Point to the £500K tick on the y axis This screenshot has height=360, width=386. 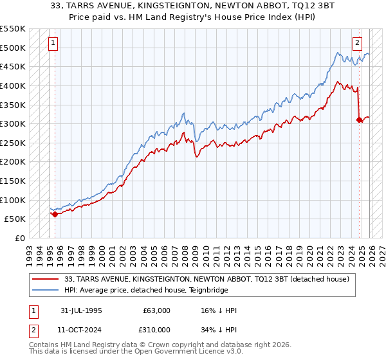[12, 48]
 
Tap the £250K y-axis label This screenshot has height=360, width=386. [12, 143]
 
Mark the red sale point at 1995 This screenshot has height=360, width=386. [55, 214]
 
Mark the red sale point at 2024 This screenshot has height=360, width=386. [359, 120]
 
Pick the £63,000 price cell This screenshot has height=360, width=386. [158, 310]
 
